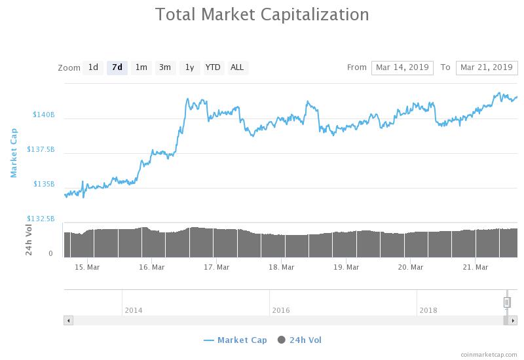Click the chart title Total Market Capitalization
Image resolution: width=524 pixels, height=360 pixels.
pyautogui.click(x=262, y=14)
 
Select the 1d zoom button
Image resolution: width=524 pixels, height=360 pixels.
pyautogui.click(x=93, y=67)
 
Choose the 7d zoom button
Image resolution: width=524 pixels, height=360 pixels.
pyautogui.click(x=117, y=67)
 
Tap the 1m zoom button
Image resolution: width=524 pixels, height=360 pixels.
pyautogui.click(x=141, y=67)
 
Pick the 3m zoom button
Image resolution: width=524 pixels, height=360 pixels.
pyautogui.click(x=165, y=67)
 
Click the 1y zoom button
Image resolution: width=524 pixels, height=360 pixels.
pyautogui.click(x=189, y=67)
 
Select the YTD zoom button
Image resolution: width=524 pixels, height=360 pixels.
pyautogui.click(x=213, y=67)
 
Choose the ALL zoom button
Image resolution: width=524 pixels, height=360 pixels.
pyautogui.click(x=237, y=67)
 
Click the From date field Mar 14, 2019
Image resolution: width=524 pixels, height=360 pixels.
pyautogui.click(x=402, y=67)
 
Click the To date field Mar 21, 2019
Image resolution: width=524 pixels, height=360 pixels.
pyautogui.click(x=486, y=67)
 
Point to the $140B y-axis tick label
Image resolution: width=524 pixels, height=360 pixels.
pyautogui.click(x=43, y=115)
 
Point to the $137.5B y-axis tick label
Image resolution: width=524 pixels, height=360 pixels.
pyautogui.click(x=41, y=149)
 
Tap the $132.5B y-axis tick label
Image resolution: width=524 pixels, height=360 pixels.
pyautogui.click(x=41, y=219)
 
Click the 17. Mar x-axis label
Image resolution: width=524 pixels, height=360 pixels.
pyautogui.click(x=217, y=267)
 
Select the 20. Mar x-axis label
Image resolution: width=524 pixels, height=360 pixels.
pyautogui.click(x=411, y=267)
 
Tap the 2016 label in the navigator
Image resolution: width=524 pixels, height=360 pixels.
pyautogui.click(x=281, y=310)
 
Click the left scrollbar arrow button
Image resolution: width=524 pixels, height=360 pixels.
pyautogui.click(x=68, y=320)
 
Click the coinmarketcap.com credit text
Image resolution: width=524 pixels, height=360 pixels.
pyautogui.click(x=489, y=354)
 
